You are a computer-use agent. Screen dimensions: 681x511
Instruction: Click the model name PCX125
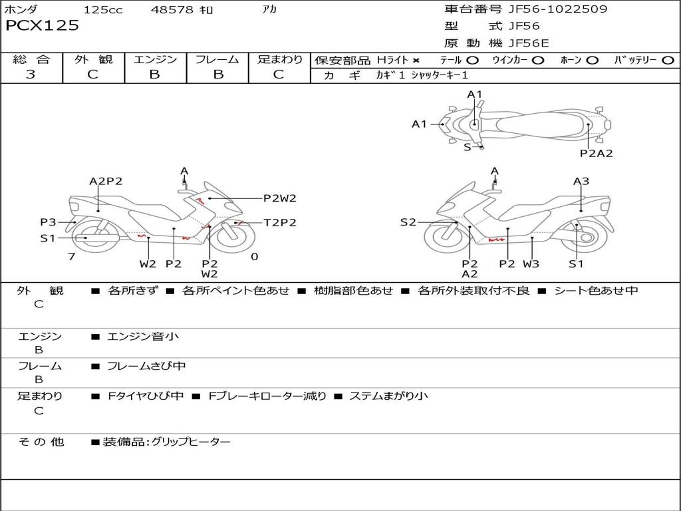[x=42, y=26]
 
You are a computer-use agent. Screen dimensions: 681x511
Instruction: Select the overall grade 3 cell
[x=31, y=75]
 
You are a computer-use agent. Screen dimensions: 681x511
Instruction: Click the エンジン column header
[x=155, y=60]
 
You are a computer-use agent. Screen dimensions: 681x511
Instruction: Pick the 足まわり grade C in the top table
[x=279, y=75]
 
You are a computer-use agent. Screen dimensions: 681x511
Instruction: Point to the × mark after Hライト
[x=416, y=61]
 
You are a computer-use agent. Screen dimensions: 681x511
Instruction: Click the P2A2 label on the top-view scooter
[x=596, y=153]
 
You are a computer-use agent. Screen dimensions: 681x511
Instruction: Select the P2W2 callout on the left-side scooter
[x=279, y=198]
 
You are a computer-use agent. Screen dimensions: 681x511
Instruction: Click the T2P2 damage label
[x=280, y=223]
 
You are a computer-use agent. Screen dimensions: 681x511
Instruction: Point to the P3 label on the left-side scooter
[x=48, y=222]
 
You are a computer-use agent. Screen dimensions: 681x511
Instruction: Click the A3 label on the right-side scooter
[x=581, y=181]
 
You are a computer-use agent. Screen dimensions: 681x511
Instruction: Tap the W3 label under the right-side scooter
[x=531, y=263]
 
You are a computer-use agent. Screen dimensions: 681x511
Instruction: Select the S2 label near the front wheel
[x=408, y=222]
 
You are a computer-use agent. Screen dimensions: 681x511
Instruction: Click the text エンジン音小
[x=143, y=337]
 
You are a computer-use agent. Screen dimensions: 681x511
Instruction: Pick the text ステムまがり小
[x=388, y=396]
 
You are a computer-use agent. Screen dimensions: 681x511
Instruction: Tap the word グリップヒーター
[x=191, y=442]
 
